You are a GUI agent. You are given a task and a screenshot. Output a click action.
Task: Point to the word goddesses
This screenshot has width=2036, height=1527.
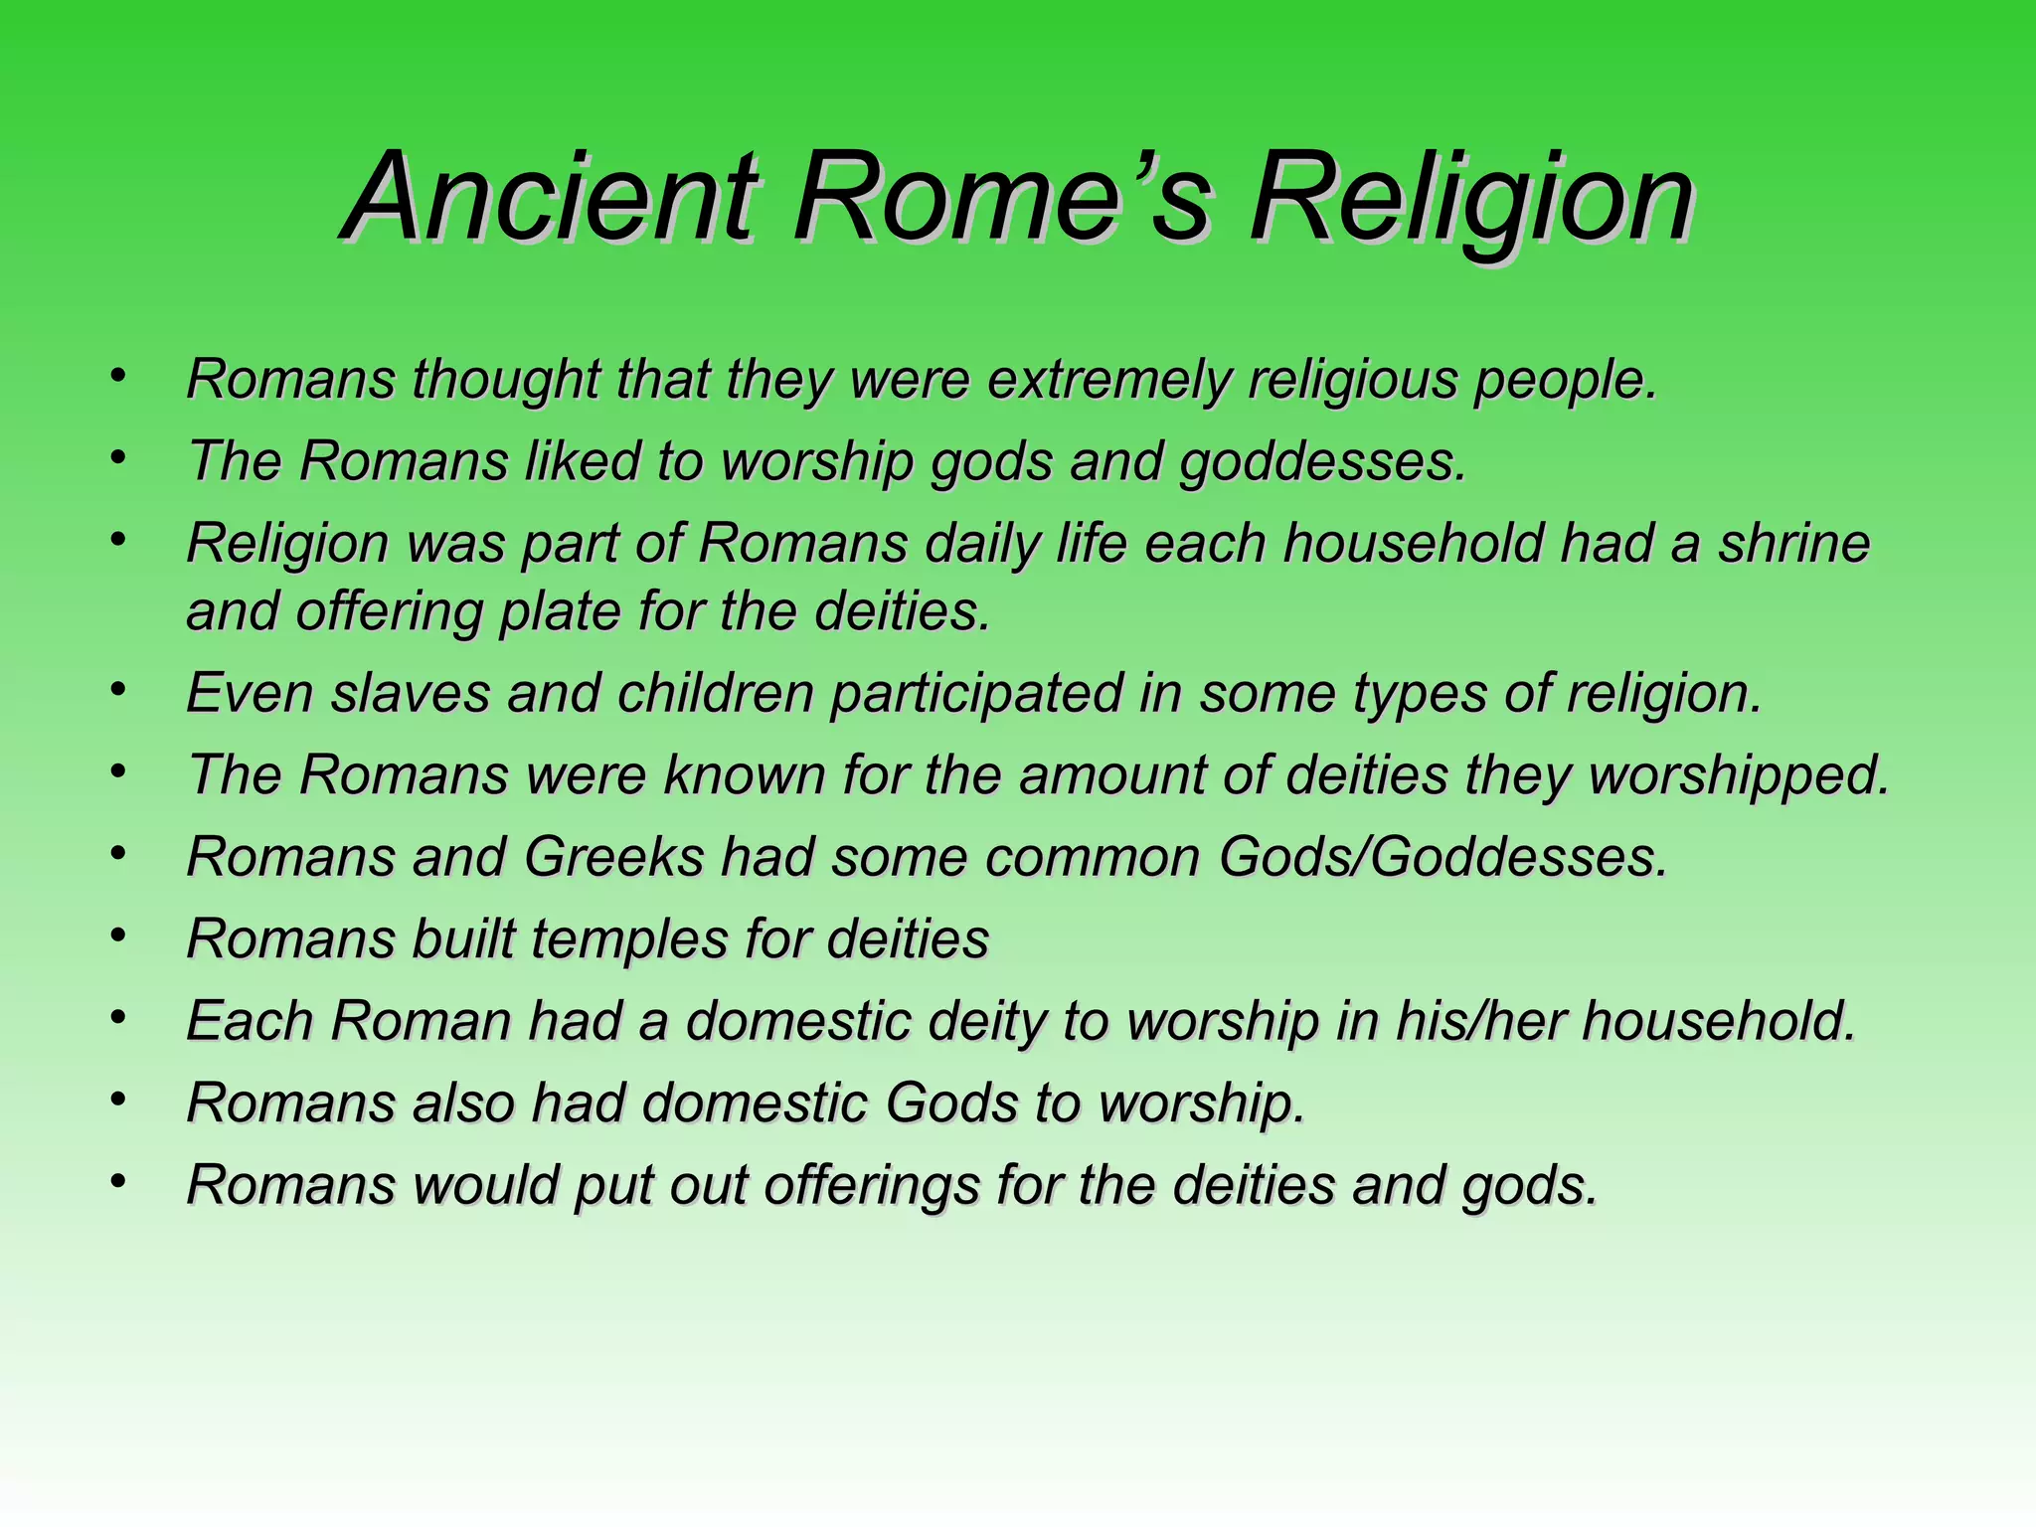(1322, 462)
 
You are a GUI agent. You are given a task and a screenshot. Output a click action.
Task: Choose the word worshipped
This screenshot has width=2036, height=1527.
(1739, 775)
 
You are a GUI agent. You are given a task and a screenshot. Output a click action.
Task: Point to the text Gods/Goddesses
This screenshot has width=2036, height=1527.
(1442, 857)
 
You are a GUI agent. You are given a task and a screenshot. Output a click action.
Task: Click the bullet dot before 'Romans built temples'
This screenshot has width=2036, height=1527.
(118, 934)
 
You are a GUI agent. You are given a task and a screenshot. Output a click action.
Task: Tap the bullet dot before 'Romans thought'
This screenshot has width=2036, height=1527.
(118, 375)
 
